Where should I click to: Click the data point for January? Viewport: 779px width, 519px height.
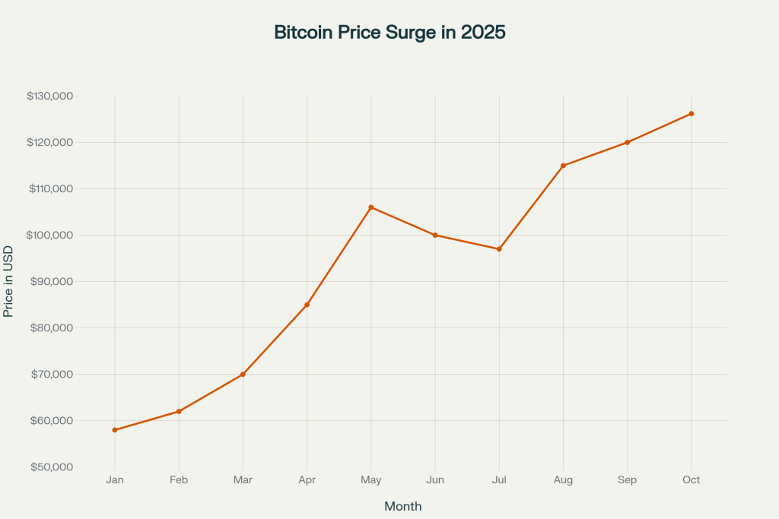(x=115, y=430)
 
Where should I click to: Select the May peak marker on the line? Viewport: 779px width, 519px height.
(x=371, y=207)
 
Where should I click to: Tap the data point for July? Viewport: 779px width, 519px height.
(x=499, y=249)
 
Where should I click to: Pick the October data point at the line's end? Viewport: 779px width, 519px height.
(x=691, y=114)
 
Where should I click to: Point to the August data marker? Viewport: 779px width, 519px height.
(x=563, y=166)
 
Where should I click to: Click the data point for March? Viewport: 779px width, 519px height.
(x=243, y=375)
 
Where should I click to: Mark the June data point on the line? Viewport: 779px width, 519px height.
(x=435, y=235)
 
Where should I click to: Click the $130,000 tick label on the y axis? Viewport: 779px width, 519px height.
(x=49, y=97)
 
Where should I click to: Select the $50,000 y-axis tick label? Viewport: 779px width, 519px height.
(x=52, y=467)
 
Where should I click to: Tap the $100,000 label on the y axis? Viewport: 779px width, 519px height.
(x=49, y=236)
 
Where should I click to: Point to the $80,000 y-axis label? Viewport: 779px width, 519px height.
(x=52, y=328)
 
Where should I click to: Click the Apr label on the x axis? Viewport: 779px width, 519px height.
(x=307, y=480)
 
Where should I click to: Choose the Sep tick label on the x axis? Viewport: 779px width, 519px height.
(x=627, y=480)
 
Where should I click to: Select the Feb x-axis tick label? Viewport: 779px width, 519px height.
(x=179, y=480)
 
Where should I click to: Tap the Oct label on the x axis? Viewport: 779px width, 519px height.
(x=691, y=480)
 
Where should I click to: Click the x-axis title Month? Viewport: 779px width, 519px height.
(x=402, y=506)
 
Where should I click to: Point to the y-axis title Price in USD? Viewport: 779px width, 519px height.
(x=8, y=281)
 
